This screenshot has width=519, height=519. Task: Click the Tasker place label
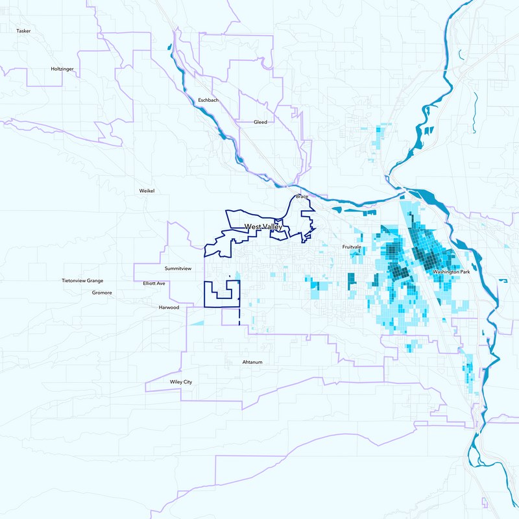(x=24, y=30)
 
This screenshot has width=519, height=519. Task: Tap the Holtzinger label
(x=64, y=69)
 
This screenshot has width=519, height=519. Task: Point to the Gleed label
(x=260, y=122)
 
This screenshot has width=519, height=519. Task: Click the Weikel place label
(x=148, y=191)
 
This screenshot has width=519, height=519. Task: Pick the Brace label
(x=302, y=196)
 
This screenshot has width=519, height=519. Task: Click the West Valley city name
(x=263, y=226)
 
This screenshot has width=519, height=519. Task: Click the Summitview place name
(x=178, y=268)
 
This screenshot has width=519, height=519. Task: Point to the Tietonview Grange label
(x=82, y=281)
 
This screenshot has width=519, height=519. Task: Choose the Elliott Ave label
(x=154, y=284)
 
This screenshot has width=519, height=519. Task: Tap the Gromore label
(x=102, y=293)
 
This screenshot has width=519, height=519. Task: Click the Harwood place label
(x=169, y=308)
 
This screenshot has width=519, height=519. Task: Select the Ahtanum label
(x=252, y=361)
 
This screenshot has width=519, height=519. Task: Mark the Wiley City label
(x=181, y=382)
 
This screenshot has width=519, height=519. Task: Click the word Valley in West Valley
(x=272, y=226)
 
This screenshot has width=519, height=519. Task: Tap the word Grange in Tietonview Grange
(x=94, y=281)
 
